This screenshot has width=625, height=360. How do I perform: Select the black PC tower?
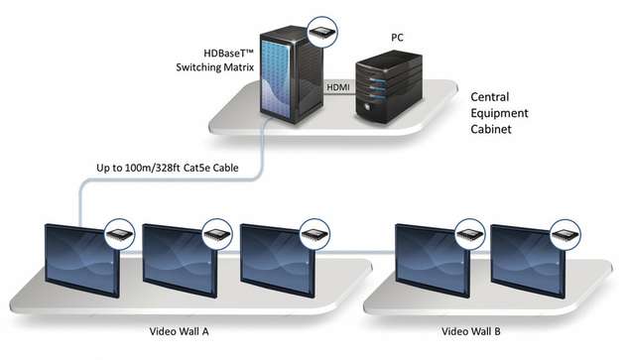coord(389,90)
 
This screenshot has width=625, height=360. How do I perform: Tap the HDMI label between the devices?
coord(339,87)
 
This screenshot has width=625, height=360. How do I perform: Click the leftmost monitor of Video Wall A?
coord(81,260)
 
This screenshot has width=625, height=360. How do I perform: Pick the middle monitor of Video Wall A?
coord(180,260)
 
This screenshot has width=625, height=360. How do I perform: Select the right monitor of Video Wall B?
coord(527,260)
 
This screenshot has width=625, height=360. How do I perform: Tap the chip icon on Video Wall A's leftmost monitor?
coord(121,231)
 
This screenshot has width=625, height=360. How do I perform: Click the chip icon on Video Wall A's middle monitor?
coord(218,232)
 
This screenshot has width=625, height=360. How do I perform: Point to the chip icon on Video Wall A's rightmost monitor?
coord(315,232)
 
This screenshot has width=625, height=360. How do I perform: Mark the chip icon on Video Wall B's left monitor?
coord(469,232)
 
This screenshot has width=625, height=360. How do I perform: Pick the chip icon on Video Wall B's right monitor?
coord(565,232)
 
